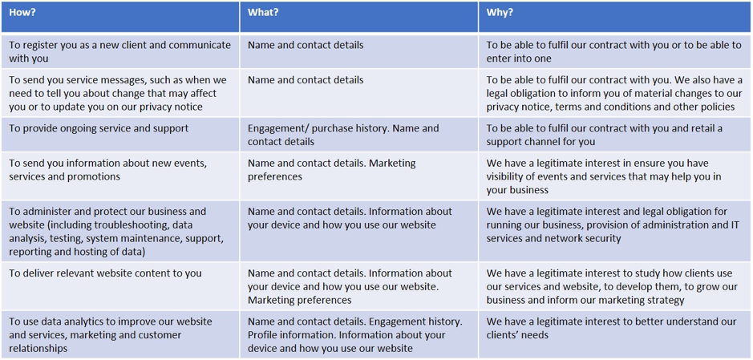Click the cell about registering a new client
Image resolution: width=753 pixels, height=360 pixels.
coord(120,52)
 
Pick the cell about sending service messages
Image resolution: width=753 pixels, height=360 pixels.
coord(120,93)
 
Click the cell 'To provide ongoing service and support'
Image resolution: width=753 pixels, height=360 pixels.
coord(120,135)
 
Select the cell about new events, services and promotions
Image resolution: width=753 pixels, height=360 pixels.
coord(120,176)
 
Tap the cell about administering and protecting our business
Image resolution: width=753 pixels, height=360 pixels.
coord(120,231)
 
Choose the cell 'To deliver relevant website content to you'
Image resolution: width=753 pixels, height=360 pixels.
coord(120,286)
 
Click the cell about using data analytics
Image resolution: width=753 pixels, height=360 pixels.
coord(120,334)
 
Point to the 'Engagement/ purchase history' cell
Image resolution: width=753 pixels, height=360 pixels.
coord(358,135)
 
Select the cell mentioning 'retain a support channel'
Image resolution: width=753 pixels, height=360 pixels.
coord(615,135)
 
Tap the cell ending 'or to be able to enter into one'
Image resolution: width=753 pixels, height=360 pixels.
coord(615,52)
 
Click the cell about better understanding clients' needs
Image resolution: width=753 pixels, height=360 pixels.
coord(615,334)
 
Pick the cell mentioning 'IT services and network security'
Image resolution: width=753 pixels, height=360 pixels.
coord(615,231)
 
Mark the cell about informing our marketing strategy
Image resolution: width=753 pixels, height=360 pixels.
coord(615,286)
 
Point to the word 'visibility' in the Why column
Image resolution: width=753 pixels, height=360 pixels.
coord(504,176)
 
